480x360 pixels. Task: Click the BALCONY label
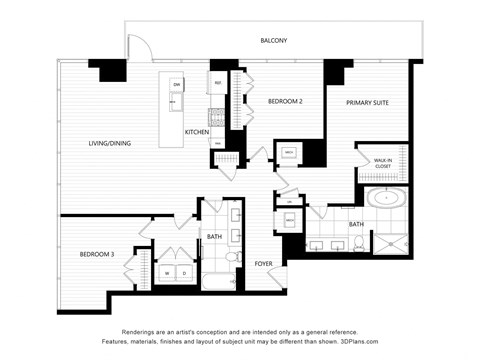273,41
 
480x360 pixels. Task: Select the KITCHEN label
197,132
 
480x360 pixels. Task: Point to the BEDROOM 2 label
285,101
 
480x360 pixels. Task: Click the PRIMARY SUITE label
367,103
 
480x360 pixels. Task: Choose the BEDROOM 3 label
97,254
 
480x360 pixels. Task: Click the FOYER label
264,264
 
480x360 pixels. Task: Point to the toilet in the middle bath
233,259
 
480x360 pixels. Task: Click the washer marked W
166,272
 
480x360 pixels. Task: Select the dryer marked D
185,272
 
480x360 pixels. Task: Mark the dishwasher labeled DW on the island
176,84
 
